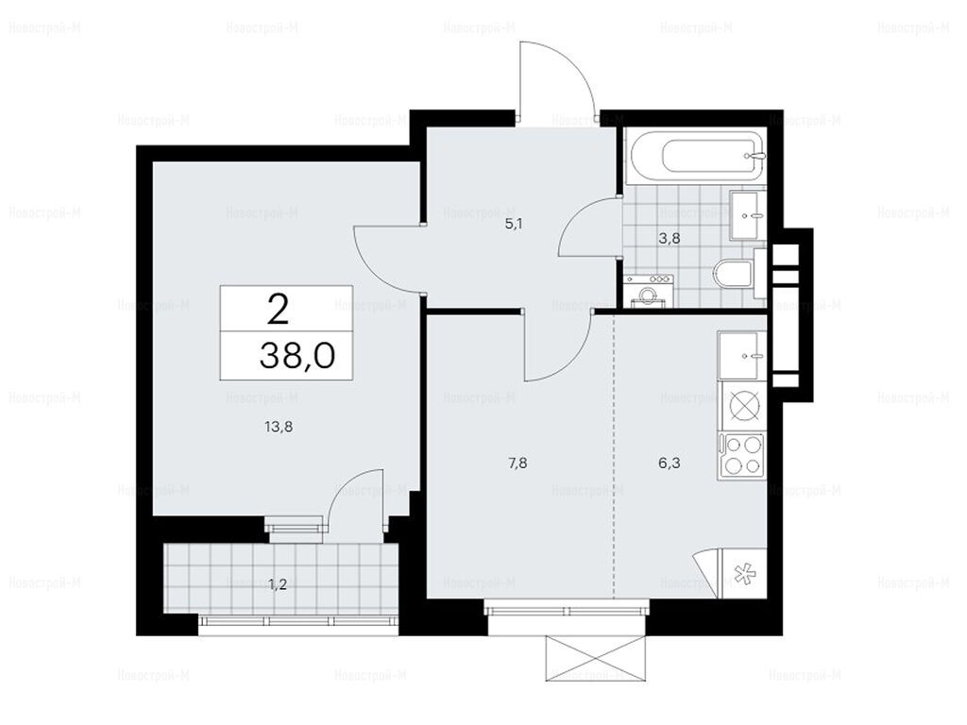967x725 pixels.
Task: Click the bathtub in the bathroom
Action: coord(695,156)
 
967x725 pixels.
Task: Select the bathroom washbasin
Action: coord(748,214)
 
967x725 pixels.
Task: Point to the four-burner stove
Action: coord(742,456)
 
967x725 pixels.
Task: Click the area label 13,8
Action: coord(279,426)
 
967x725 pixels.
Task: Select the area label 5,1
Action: coord(514,224)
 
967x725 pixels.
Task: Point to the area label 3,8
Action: coord(670,238)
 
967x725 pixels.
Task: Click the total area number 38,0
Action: coord(297,356)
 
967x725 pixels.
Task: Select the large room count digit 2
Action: coord(279,309)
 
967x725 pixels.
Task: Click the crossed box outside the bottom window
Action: coord(595,658)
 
